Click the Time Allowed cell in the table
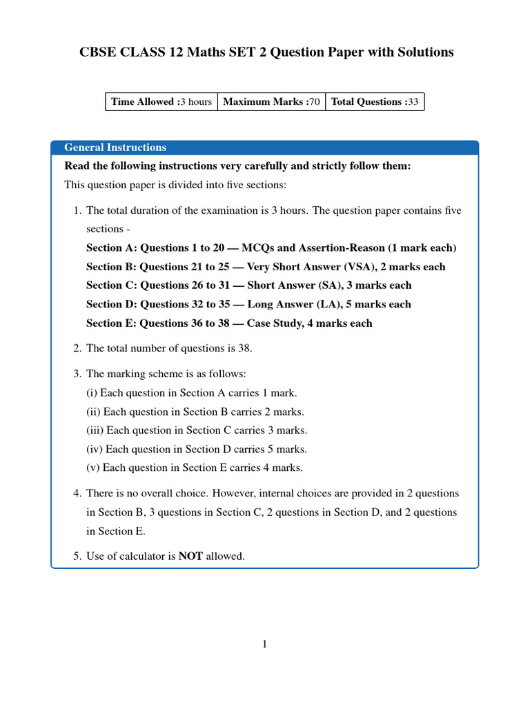click(161, 101)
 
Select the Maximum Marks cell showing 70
click(271, 101)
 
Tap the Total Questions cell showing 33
click(375, 101)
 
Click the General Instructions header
click(115, 147)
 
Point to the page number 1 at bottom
click(264, 644)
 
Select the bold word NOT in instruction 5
click(190, 556)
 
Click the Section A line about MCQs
click(271, 248)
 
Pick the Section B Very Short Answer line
click(266, 267)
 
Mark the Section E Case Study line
click(229, 323)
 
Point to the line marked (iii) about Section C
click(197, 430)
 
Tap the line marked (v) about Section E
click(194, 467)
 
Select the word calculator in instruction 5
click(141, 556)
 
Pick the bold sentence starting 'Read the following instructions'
click(237, 166)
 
